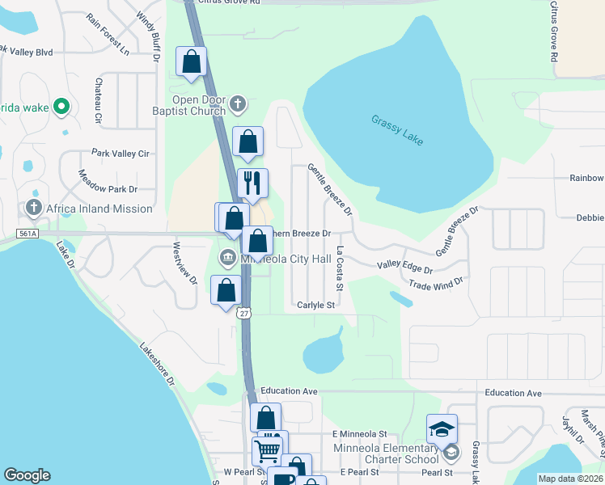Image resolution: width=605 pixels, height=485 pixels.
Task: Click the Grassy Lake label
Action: (x=397, y=130)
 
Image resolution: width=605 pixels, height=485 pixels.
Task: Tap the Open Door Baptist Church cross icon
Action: (x=237, y=103)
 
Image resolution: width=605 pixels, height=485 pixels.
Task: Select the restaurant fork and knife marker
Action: (x=252, y=183)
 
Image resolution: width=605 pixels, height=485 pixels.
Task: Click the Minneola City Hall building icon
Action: (x=227, y=259)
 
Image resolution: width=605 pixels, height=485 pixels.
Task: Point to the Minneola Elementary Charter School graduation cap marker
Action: (x=442, y=428)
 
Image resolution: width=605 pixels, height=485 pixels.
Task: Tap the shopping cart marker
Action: (x=267, y=449)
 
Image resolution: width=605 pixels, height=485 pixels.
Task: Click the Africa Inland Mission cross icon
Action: (x=34, y=209)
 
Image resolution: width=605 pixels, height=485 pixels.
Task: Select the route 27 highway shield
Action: (x=244, y=314)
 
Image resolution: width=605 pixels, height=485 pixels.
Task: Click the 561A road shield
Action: (x=27, y=234)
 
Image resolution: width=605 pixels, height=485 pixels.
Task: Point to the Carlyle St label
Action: (x=315, y=305)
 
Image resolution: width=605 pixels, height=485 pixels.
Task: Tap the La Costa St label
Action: (x=340, y=270)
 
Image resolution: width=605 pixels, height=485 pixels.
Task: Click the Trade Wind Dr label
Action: (x=435, y=284)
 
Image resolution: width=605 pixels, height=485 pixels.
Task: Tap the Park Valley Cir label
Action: (x=121, y=153)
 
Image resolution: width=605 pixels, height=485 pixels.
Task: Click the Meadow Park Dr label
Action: (x=108, y=181)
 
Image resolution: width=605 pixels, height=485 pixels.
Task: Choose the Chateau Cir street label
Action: (x=98, y=101)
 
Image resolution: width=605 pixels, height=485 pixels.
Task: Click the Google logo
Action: (x=27, y=475)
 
